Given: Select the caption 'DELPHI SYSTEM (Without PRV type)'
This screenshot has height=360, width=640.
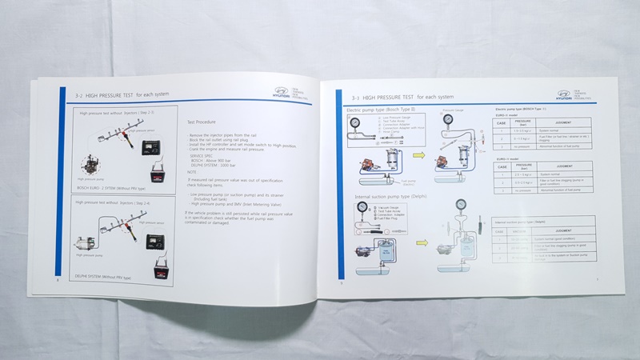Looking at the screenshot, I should (x=108, y=276).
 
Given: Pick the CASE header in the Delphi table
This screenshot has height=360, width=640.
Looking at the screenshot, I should (x=500, y=230).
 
